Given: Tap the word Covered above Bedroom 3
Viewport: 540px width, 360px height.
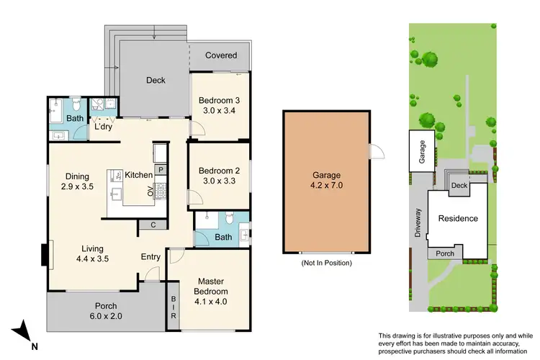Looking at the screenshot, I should point(221,55).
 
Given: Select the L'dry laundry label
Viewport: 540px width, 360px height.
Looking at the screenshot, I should point(103,127).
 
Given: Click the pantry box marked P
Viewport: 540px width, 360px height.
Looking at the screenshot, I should point(161,170).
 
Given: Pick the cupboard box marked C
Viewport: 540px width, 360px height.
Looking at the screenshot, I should point(153,225).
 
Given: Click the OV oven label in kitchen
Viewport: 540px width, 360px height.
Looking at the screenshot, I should point(151,192).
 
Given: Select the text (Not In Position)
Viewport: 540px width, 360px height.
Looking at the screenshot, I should point(326,264).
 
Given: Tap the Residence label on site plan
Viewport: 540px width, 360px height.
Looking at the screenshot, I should point(459,218).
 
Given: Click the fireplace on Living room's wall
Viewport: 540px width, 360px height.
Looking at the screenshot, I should point(45,254).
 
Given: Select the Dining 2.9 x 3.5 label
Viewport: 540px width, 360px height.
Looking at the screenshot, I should point(77,181).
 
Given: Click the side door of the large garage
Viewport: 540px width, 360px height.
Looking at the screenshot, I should point(373,150).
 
